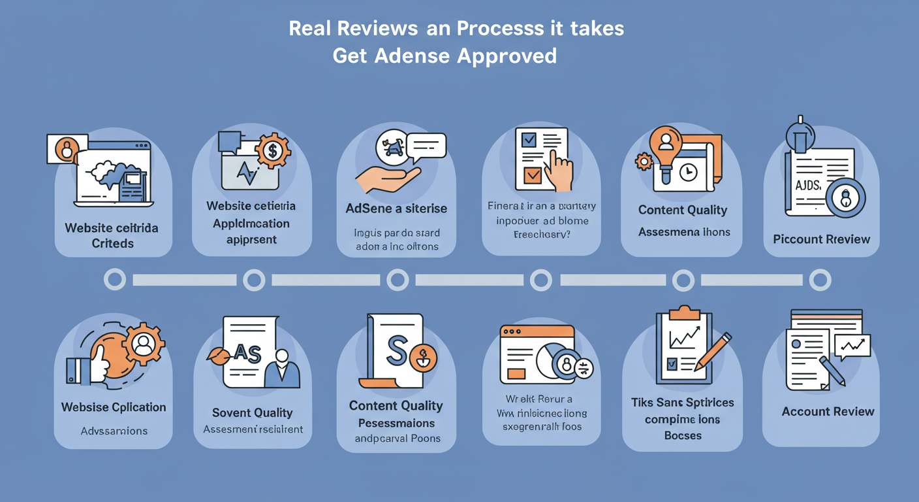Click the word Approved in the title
(506, 56)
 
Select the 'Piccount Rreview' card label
(821, 239)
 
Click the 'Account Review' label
(828, 411)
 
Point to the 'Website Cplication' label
(114, 407)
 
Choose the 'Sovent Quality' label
(252, 412)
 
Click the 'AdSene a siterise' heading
(396, 209)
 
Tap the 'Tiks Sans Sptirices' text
(683, 402)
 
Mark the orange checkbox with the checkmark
(533, 175)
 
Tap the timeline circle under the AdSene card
(397, 280)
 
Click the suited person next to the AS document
(283, 369)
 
